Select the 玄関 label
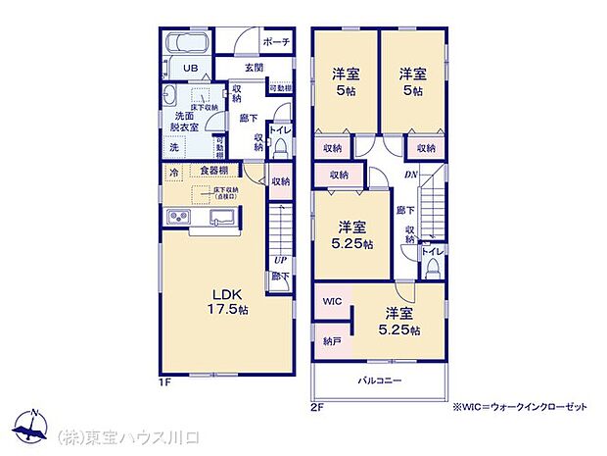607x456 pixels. click(254, 69)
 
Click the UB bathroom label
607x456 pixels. click(192, 69)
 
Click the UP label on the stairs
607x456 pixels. click(281, 261)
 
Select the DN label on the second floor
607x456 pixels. click(410, 176)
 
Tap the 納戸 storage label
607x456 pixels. click(331, 341)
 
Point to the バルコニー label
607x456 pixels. click(379, 380)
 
